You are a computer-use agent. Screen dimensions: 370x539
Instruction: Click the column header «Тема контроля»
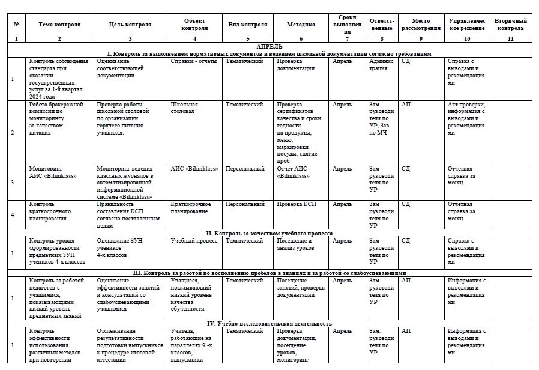coord(59,25)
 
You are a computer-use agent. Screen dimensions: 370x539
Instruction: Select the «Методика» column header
coord(301,25)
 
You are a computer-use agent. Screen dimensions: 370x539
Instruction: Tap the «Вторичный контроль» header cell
coord(510,25)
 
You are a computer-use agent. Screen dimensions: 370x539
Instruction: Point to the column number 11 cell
coord(510,38)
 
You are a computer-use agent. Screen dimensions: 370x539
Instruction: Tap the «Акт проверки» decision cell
coord(466,118)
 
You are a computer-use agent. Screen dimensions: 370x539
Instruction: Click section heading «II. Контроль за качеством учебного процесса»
coord(269,233)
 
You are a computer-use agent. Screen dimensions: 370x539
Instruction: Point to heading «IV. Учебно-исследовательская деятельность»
coord(269,323)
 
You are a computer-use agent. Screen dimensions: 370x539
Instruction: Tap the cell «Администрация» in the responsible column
coord(381,65)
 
